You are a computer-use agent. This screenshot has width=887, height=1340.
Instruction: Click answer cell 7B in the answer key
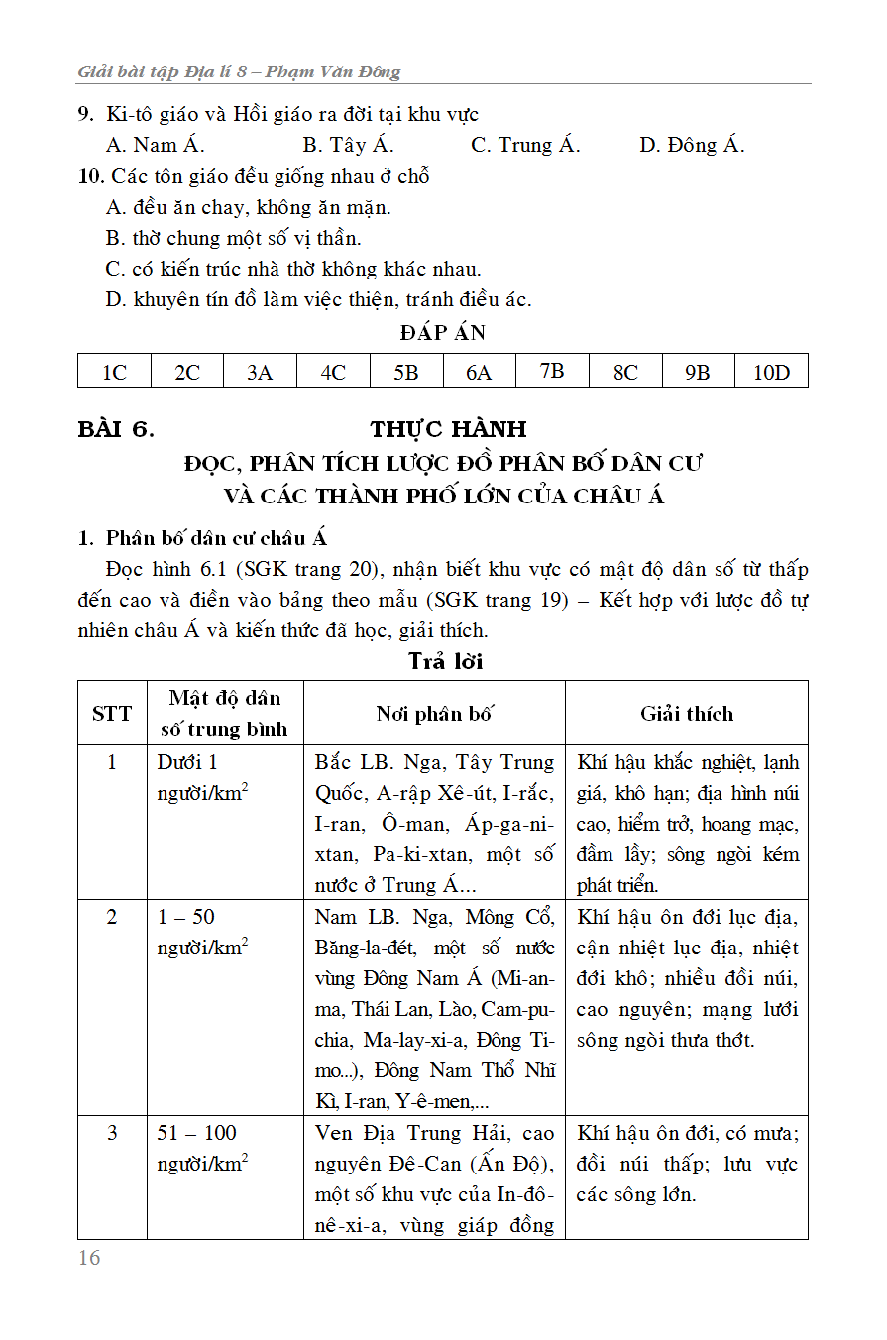[x=552, y=371]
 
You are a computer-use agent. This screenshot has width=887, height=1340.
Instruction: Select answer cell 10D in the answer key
[x=771, y=372]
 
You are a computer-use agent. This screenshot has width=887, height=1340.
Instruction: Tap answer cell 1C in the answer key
[x=114, y=372]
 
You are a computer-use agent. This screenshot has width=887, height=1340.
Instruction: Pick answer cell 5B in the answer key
[x=405, y=372]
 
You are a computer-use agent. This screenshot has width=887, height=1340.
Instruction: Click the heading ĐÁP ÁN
[x=443, y=333]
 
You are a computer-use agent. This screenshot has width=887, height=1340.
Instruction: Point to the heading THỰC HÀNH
[x=448, y=429]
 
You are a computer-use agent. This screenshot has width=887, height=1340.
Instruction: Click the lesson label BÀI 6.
[x=116, y=429]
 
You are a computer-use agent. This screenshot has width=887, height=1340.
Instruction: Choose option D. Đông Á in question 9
[x=692, y=145]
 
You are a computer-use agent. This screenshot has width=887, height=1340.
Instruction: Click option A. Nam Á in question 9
[x=155, y=145]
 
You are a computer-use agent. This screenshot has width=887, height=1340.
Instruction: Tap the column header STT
[x=112, y=714]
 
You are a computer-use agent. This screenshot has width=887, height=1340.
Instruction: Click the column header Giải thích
[x=686, y=714]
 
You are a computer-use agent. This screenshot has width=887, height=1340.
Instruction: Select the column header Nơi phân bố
[x=434, y=714]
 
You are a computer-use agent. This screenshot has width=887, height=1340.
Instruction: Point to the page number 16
[x=89, y=1258]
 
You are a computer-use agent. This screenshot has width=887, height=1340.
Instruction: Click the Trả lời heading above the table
[x=445, y=661]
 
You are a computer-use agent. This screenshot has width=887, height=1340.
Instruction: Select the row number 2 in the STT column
[x=112, y=917]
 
